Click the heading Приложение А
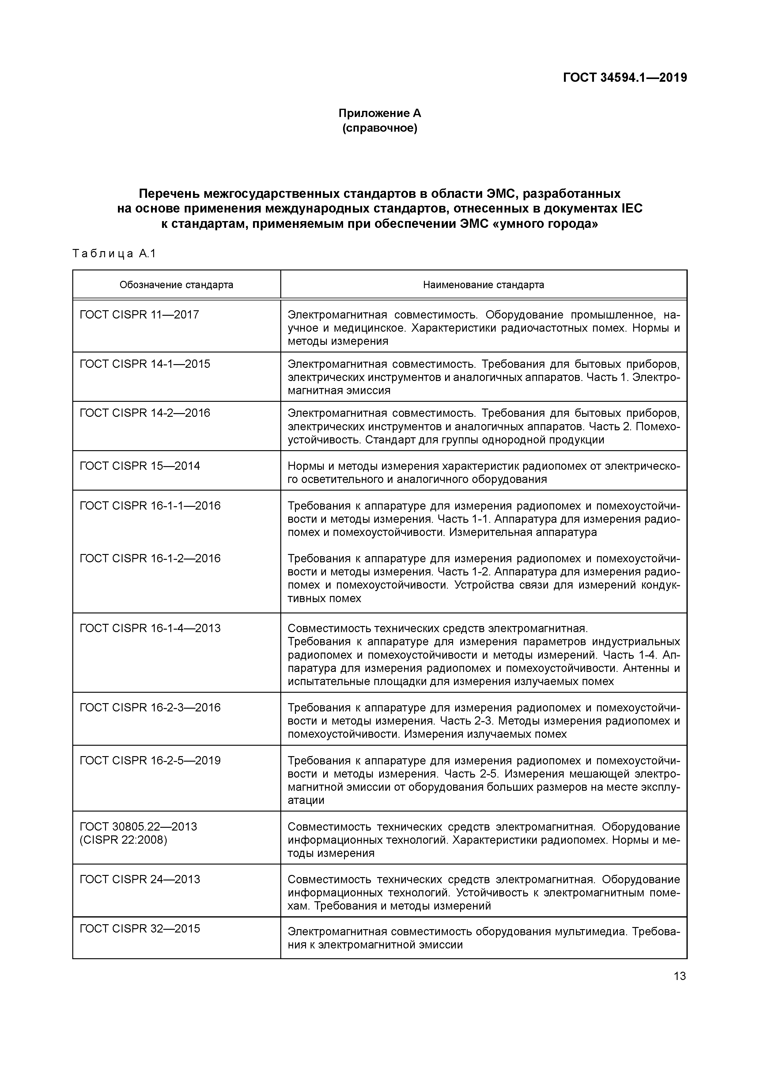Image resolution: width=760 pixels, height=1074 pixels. (x=380, y=113)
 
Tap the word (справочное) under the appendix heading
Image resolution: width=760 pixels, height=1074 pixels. (x=380, y=128)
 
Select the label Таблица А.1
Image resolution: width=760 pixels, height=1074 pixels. (x=114, y=254)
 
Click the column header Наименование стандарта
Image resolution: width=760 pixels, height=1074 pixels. (x=483, y=285)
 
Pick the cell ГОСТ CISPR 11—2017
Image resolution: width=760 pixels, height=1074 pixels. (x=139, y=314)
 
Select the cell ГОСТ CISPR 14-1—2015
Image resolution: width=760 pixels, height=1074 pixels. (x=145, y=364)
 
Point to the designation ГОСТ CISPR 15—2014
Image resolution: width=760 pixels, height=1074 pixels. (x=140, y=465)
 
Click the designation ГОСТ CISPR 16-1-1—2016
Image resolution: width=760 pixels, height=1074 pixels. (x=150, y=505)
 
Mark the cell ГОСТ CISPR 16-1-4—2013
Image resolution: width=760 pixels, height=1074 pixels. (x=150, y=628)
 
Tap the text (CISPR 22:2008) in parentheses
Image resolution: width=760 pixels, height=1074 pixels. (x=123, y=840)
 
